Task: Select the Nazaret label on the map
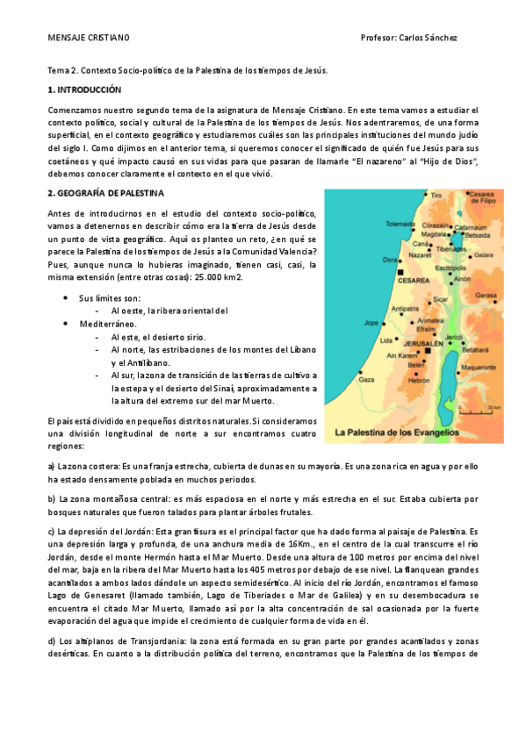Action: pyautogui.click(x=421, y=254)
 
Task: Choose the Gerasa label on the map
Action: pyautogui.click(x=486, y=296)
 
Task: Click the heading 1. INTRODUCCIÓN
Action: pyautogui.click(x=84, y=89)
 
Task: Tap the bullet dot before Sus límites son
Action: pyautogui.click(x=67, y=298)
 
